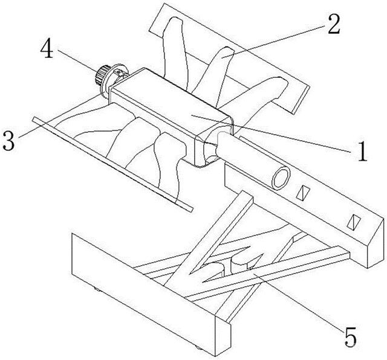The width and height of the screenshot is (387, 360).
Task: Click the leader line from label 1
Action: pos(296,138)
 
